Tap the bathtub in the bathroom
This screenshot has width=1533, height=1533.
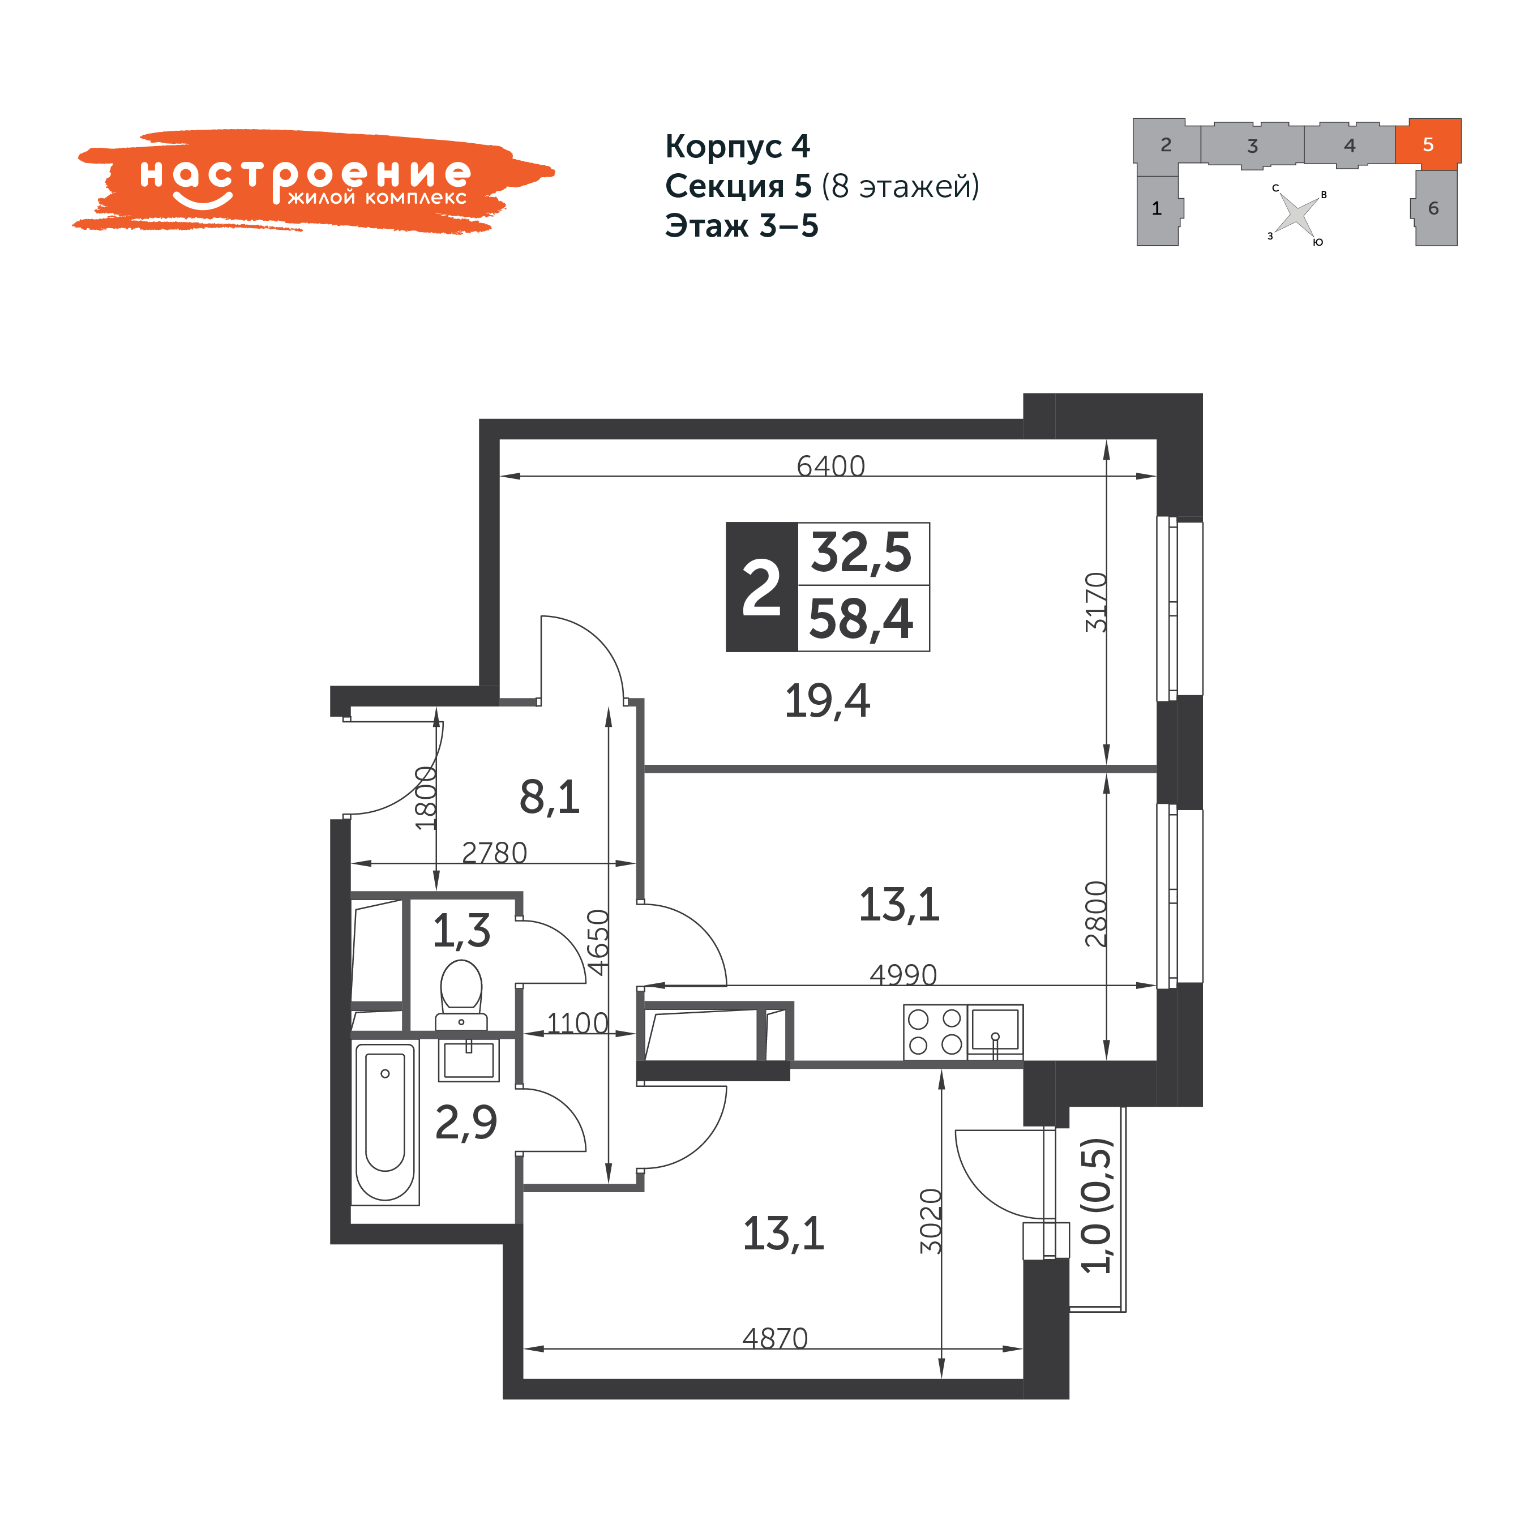385,1122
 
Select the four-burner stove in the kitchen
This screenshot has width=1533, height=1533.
935,1031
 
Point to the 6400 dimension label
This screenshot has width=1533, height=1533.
831,466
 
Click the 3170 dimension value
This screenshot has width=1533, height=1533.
1096,601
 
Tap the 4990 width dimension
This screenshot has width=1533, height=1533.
903,974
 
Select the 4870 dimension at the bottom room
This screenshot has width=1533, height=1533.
775,1339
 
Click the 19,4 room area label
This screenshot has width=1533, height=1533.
827,701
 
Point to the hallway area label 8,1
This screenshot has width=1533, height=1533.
550,798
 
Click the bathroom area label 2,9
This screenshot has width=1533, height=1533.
466,1123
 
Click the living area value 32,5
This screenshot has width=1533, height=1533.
861,553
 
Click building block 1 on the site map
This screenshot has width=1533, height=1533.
1158,209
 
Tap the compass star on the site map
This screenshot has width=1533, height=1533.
1296,214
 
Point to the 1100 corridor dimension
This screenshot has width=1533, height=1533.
577,1024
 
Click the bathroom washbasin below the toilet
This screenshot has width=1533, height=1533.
468,1059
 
